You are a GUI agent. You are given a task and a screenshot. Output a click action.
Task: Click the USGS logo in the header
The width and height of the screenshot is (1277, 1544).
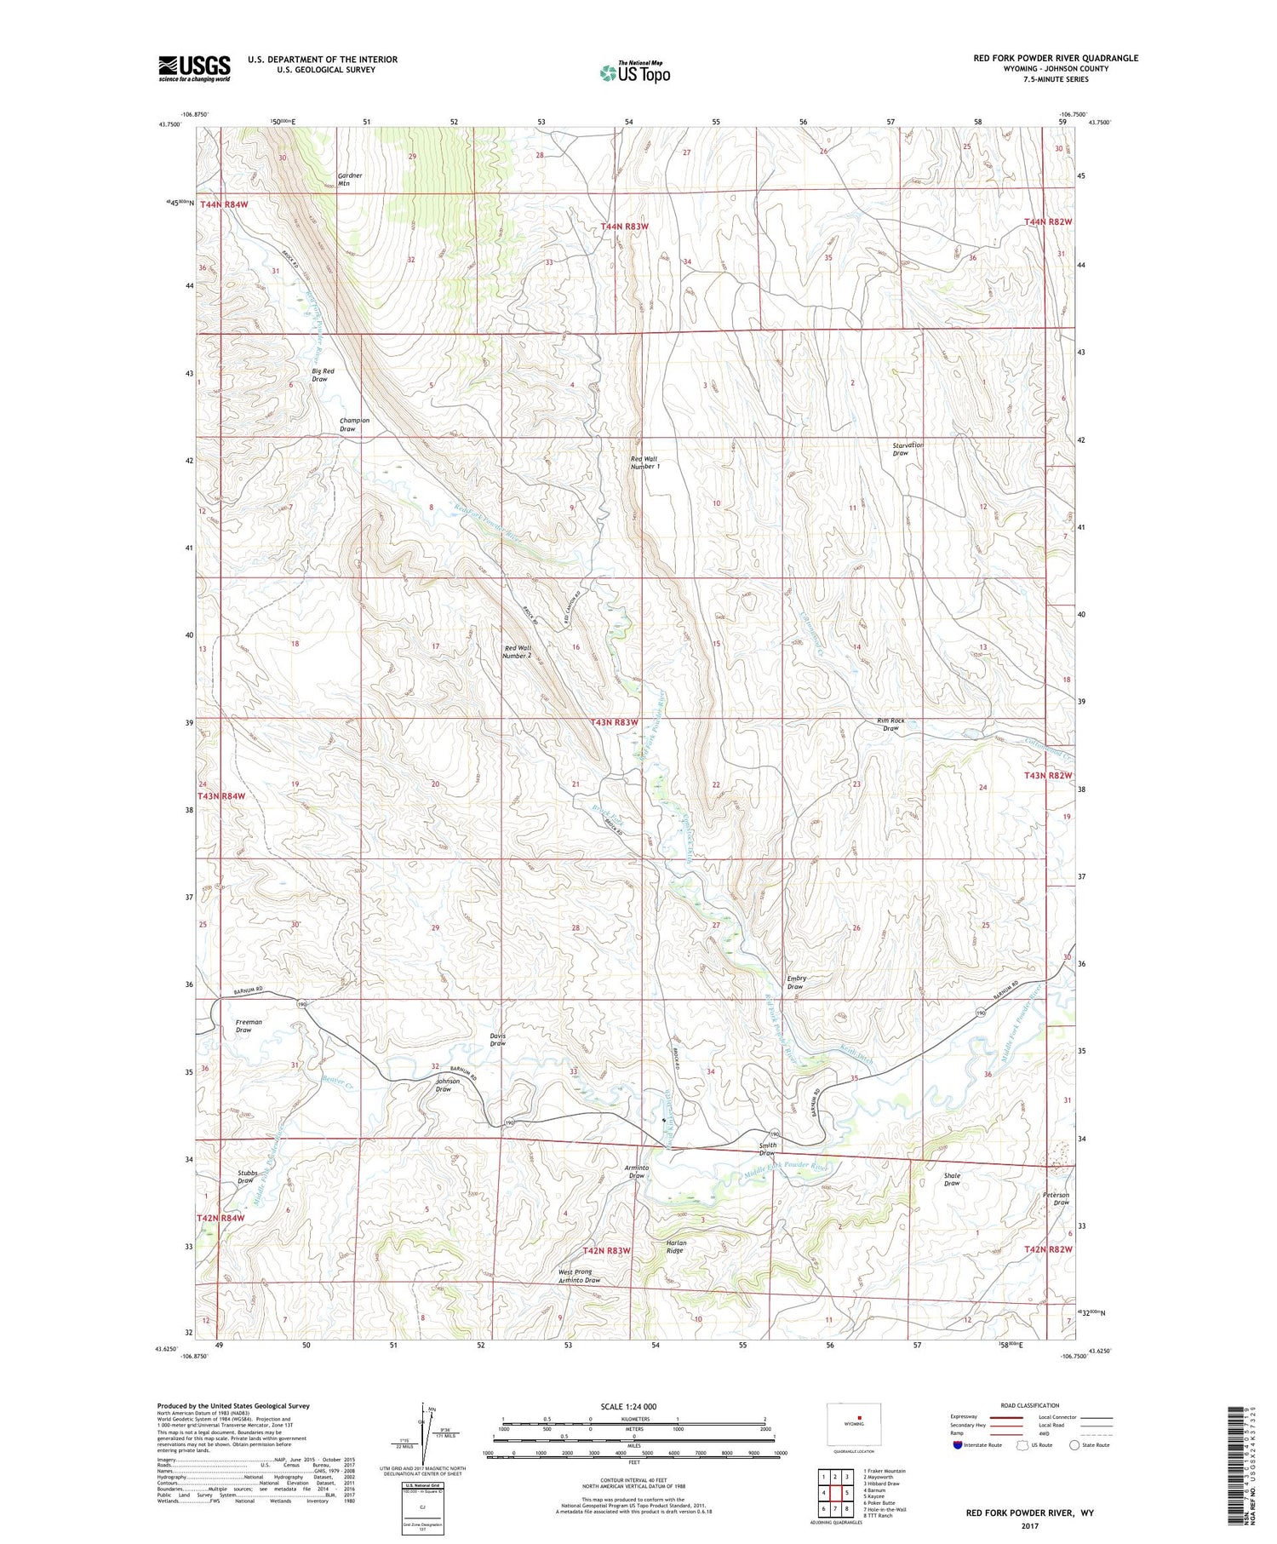click(194, 68)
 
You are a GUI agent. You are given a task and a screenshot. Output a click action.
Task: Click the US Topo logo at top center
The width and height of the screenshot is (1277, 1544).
click(635, 72)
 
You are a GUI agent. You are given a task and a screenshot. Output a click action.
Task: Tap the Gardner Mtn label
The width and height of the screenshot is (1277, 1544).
click(349, 179)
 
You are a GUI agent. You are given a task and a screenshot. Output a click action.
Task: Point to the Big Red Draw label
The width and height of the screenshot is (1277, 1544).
click(323, 375)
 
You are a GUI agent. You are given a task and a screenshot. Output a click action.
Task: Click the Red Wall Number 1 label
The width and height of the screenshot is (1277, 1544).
click(644, 462)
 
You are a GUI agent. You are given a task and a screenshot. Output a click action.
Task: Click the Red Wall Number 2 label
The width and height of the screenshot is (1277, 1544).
click(517, 651)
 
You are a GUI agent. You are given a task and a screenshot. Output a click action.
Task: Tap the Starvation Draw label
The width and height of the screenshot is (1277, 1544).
click(908, 449)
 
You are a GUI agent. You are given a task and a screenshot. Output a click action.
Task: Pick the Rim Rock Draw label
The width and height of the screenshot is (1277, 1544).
click(890, 724)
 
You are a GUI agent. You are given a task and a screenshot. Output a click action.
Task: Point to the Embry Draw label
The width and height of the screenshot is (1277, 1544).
click(796, 982)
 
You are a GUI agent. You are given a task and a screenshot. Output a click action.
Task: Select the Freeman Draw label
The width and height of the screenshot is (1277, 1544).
click(249, 1025)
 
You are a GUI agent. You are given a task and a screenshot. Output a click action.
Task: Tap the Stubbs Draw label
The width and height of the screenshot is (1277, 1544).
click(246, 1176)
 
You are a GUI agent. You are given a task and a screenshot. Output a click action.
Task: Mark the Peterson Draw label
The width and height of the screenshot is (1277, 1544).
click(1056, 1198)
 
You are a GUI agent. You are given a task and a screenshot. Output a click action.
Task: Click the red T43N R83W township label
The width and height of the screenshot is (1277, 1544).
click(614, 722)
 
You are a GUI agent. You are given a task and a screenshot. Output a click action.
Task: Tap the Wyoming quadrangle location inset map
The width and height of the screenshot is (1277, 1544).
click(854, 1423)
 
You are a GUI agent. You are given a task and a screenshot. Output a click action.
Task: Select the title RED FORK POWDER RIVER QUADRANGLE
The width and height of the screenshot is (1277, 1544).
click(1056, 58)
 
